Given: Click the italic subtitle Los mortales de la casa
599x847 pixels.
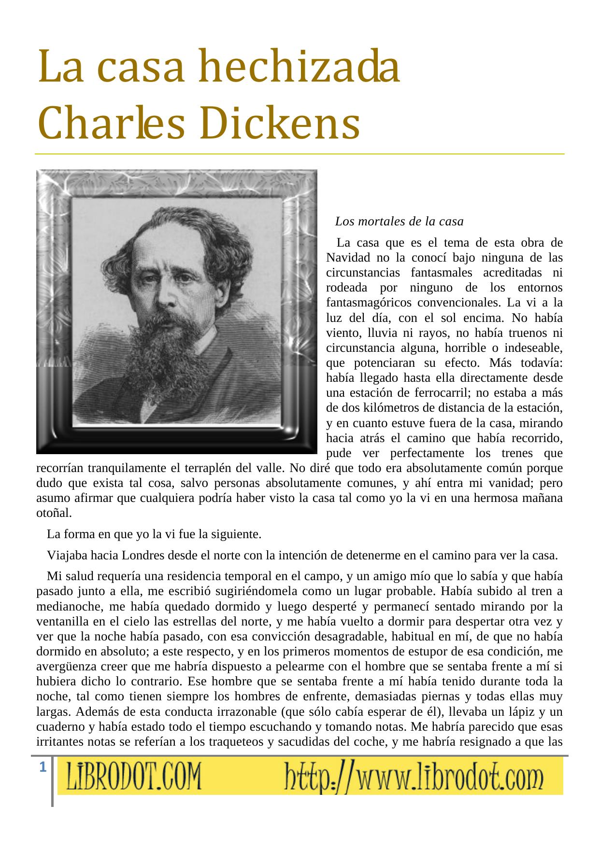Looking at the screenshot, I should [x=399, y=222].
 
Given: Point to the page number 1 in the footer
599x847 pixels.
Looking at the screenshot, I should [x=43, y=767].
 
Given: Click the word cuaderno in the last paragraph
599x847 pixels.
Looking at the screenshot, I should [x=58, y=727].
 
